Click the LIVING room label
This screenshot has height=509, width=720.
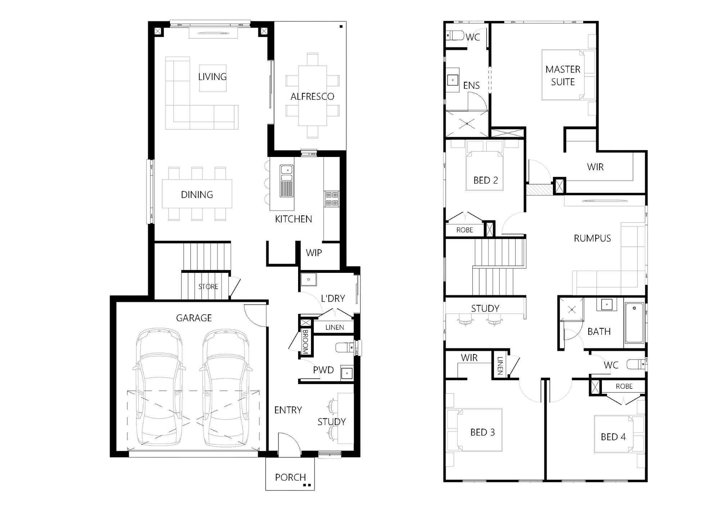(212, 77)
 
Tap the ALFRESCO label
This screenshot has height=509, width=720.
(312, 96)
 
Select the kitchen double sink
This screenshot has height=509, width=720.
(287, 173)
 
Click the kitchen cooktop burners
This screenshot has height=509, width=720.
(332, 199)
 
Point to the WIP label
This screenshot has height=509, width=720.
(314, 253)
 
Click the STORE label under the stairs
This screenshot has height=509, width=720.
(208, 287)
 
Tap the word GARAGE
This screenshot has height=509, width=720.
(194, 318)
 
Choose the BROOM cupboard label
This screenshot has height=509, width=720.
(305, 342)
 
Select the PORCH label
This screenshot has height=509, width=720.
(290, 477)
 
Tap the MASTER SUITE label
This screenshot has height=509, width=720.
(563, 76)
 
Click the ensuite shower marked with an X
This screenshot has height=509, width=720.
(467, 124)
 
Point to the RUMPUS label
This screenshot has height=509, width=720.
(592, 238)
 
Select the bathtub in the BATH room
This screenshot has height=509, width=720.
(634, 323)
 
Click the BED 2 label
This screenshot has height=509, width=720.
(486, 180)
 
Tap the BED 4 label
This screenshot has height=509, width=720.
(613, 437)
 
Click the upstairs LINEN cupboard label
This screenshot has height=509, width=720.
(500, 366)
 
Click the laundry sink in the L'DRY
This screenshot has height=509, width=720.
(309, 279)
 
